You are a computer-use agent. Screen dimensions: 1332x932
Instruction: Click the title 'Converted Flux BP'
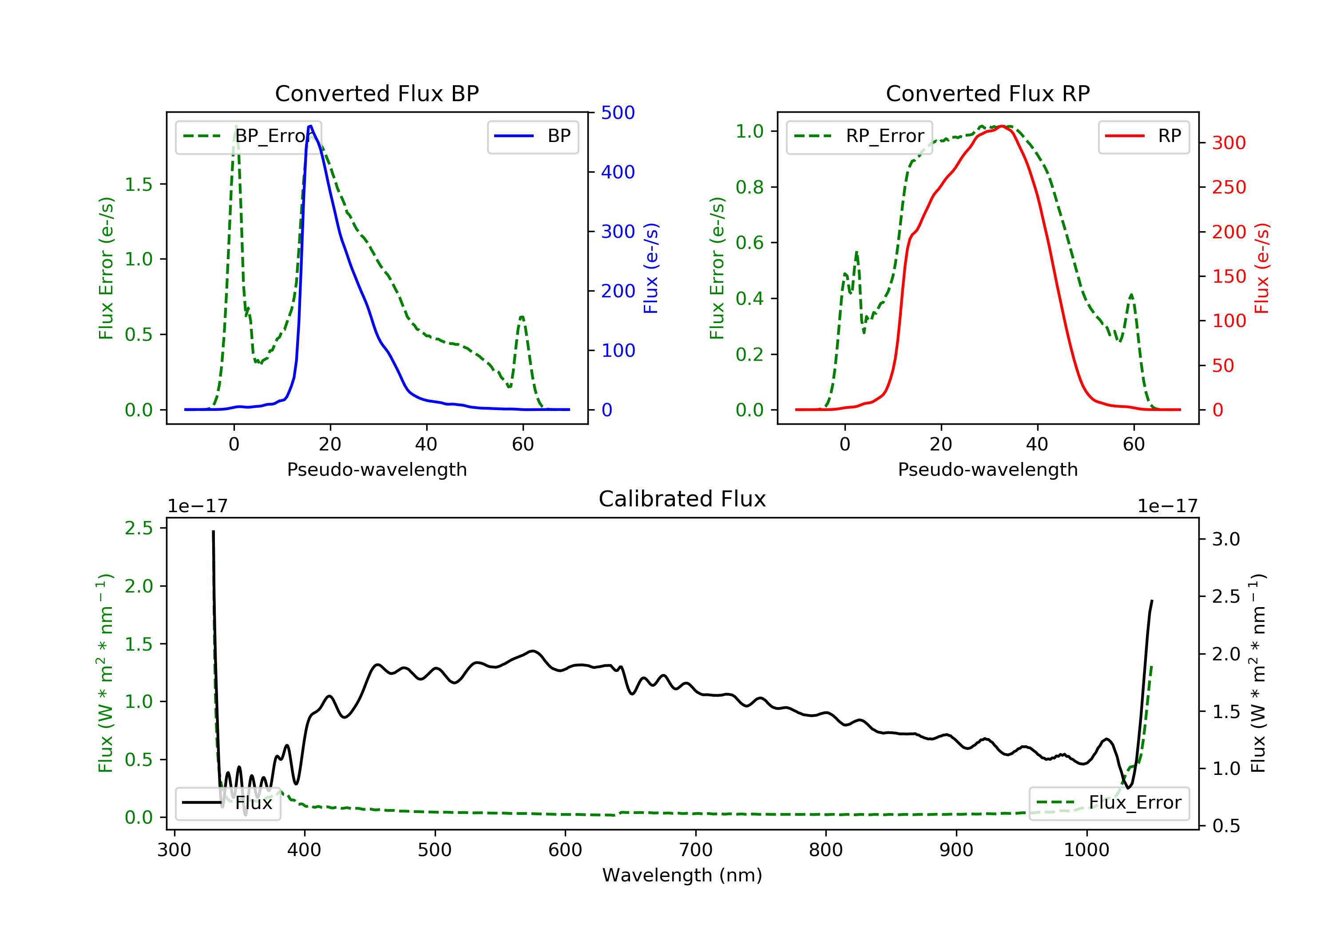[377, 93]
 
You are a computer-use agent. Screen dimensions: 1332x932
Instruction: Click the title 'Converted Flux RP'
[987, 93]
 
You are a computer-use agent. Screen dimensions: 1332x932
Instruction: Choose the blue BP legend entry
[532, 136]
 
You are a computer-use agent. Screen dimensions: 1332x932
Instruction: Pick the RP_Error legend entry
[859, 136]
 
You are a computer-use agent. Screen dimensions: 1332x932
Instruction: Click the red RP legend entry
[1143, 136]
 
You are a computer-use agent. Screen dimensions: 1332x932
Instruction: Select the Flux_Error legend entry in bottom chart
[1109, 803]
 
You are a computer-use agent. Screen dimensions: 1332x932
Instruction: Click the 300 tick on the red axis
[1229, 142]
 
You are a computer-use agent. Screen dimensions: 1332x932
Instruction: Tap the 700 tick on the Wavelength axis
[696, 850]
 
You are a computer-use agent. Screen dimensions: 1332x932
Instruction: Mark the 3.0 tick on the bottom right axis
[1226, 539]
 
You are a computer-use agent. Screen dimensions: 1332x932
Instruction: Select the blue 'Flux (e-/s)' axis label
[651, 268]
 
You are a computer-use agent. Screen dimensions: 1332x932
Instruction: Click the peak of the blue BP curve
[310, 126]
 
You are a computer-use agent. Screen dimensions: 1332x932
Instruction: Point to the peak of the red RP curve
[1002, 126]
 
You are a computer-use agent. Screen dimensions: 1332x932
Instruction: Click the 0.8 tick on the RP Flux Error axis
[749, 187]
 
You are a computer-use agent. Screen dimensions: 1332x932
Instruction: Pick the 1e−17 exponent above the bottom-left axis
[198, 506]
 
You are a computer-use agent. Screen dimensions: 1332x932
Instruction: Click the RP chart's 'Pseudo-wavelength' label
[987, 469]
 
